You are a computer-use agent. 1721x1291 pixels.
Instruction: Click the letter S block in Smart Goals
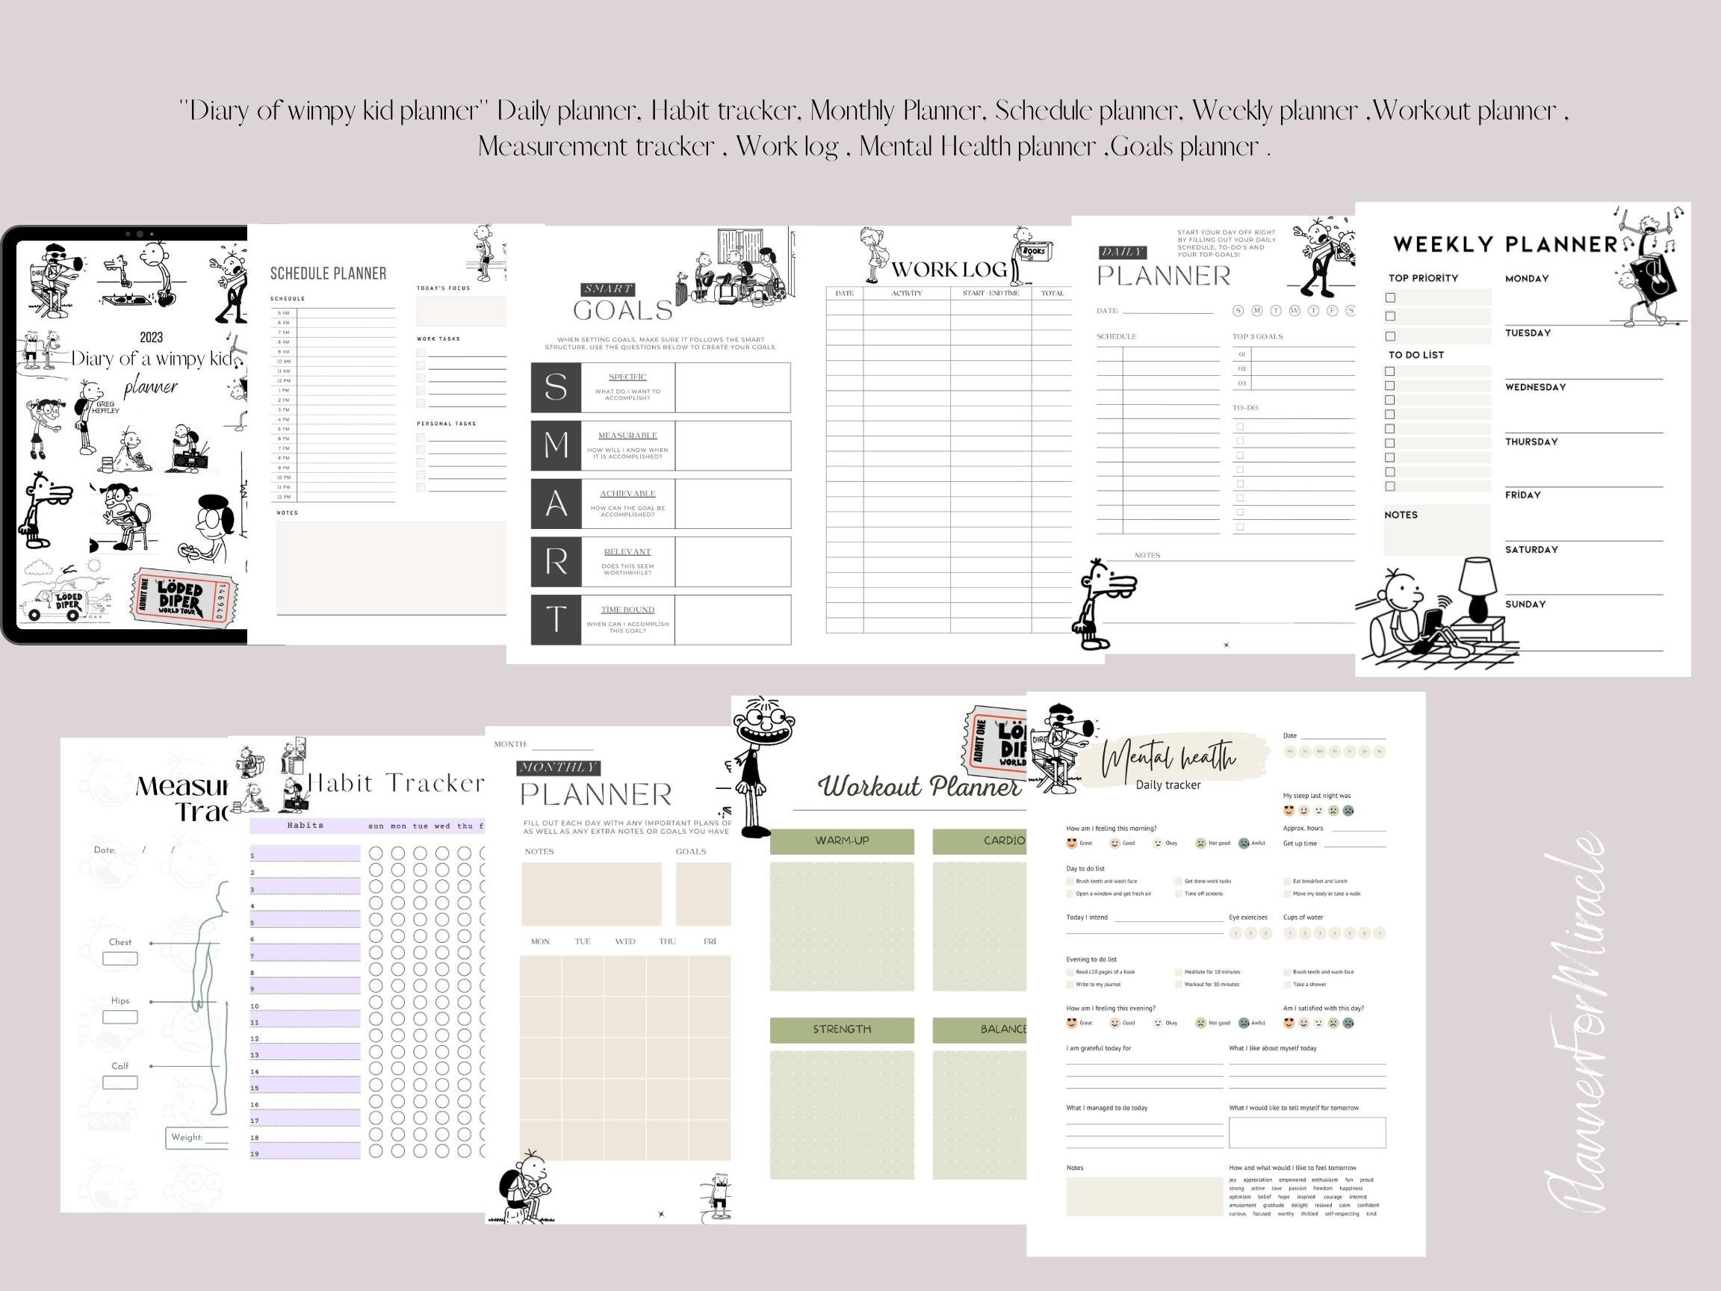point(556,387)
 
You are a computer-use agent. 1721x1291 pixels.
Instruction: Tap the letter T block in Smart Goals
point(556,619)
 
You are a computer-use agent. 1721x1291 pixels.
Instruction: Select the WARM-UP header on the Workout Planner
point(842,840)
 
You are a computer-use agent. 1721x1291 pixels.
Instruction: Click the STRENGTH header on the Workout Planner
point(842,1029)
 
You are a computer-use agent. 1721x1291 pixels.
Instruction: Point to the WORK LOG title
point(949,269)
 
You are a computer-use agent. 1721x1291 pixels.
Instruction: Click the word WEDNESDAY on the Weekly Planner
point(1535,387)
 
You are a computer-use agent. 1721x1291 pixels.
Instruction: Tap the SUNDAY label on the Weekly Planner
point(1525,604)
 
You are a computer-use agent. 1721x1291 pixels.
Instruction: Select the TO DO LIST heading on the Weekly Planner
point(1416,355)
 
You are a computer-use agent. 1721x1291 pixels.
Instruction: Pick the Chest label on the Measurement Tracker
point(120,941)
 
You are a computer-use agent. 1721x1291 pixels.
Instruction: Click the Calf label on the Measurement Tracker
point(120,1066)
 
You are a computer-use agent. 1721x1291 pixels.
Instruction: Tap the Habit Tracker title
point(396,783)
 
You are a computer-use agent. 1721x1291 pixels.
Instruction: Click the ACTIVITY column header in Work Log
point(906,294)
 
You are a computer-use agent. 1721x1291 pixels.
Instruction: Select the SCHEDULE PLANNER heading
point(328,273)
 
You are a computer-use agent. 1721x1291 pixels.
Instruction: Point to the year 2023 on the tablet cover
point(151,337)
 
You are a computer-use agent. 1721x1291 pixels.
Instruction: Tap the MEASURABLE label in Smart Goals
point(627,435)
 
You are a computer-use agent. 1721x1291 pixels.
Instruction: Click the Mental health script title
point(1168,757)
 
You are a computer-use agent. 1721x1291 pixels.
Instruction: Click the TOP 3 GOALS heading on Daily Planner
point(1257,336)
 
